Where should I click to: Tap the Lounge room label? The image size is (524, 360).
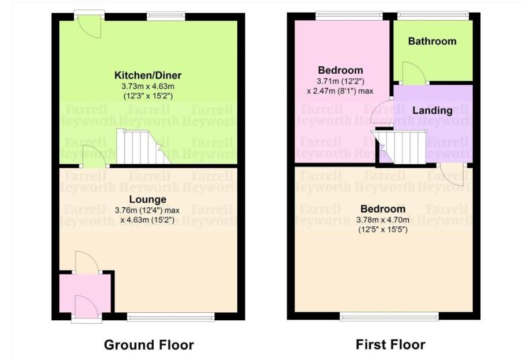click(x=148, y=199)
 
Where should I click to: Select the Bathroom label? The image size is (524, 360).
click(x=432, y=41)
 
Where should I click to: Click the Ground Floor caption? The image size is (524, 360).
click(x=149, y=345)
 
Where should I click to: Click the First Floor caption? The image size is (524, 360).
click(x=390, y=345)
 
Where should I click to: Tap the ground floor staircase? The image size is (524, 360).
click(x=142, y=147)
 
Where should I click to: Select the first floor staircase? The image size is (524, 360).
click(x=402, y=147)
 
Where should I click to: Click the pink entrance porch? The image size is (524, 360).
click(x=85, y=294)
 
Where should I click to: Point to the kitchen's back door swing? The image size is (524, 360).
click(x=89, y=25)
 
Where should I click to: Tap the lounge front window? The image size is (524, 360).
click(x=170, y=316)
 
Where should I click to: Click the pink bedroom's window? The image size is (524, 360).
click(x=348, y=16)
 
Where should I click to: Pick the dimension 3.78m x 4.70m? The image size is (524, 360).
click(x=383, y=219)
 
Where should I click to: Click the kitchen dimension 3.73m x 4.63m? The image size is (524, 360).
click(x=147, y=86)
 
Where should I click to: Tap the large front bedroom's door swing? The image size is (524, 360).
click(x=453, y=173)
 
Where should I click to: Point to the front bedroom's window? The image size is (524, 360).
click(x=389, y=316)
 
